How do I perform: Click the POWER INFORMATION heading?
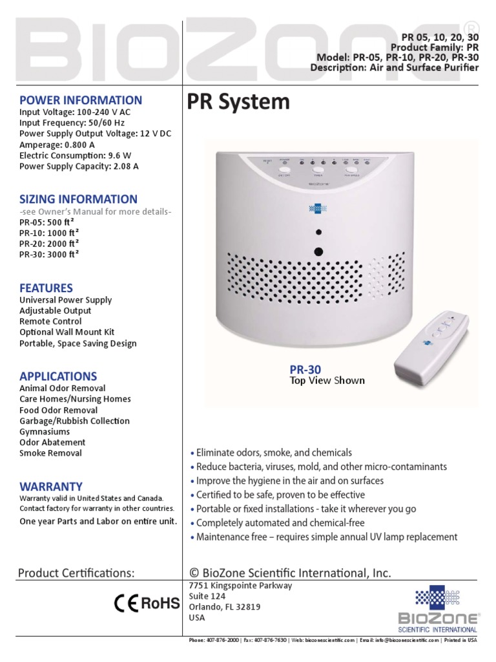pos(81,100)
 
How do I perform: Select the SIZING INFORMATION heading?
pos(78,199)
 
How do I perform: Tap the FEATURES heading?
pos(46,288)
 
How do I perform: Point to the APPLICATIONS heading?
pos(58,376)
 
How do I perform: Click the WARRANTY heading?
pos(51,486)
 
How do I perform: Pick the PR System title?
pos(238,102)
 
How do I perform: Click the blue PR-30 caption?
pos(305,368)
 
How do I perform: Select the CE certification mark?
pos(126,604)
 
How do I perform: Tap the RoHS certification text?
pos(160,604)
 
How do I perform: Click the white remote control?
pos(433,343)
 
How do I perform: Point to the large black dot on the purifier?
pos(318,251)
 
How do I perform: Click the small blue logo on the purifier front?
pos(318,209)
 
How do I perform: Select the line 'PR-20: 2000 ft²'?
pos(49,243)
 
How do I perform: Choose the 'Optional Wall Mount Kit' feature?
pos(67,332)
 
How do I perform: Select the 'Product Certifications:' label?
pos(76,573)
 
